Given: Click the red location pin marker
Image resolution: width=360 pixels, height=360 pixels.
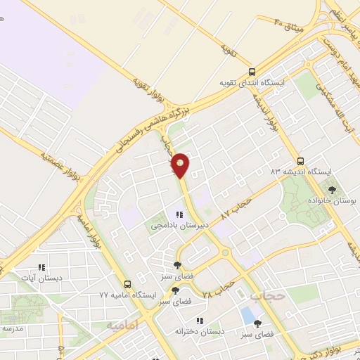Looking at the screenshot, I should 180,165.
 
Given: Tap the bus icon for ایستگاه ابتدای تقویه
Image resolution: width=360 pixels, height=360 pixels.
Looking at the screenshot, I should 252,72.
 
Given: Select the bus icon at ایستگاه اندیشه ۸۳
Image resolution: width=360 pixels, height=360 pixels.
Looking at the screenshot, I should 300,160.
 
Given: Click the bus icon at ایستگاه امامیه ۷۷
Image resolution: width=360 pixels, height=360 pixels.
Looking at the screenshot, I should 127,285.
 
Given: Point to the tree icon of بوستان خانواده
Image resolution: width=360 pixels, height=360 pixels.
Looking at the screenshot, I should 331,190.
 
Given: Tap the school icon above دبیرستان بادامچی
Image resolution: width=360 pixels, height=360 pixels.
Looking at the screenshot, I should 179,215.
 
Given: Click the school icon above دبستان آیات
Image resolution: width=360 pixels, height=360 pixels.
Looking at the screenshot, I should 41,267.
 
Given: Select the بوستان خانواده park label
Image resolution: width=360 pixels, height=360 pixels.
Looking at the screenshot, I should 331,202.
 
